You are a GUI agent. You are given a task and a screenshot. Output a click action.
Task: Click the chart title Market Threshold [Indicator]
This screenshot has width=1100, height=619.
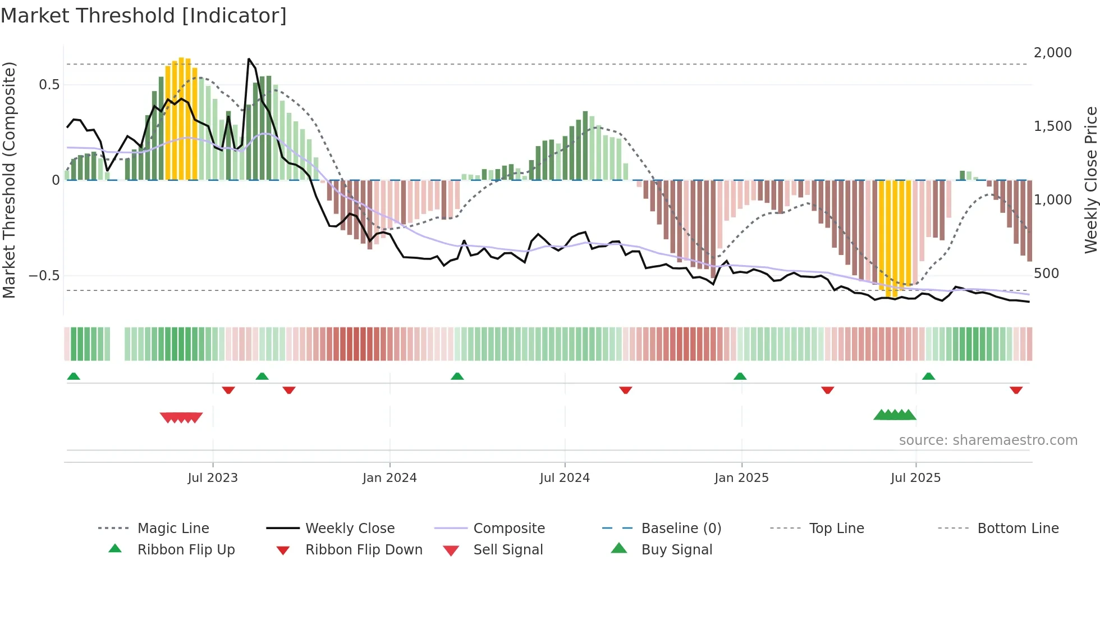[144, 16]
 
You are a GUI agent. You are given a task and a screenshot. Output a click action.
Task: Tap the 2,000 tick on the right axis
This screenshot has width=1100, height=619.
[1052, 53]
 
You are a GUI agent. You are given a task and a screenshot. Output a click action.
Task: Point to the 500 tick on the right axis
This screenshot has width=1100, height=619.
[1046, 274]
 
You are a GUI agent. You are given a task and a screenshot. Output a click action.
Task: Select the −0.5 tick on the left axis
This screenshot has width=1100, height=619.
[44, 276]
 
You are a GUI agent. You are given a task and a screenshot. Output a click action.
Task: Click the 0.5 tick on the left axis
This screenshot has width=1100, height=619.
[49, 85]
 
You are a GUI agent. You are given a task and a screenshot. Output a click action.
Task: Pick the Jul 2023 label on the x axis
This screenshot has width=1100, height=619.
[213, 478]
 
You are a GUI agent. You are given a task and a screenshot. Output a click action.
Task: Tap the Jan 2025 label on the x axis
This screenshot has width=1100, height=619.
[741, 478]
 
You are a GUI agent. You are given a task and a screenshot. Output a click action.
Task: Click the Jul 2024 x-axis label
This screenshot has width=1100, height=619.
[565, 478]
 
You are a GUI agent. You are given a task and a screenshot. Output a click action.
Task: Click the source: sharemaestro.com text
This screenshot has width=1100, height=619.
[988, 440]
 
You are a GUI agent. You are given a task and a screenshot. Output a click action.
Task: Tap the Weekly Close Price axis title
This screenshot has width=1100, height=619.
[1090, 180]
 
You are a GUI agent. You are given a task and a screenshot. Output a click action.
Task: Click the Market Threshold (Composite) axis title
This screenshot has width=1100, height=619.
[9, 180]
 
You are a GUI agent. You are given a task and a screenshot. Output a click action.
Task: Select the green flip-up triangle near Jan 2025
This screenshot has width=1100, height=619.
[740, 376]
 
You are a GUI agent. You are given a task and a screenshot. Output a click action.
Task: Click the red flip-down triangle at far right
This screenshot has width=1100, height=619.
[1016, 390]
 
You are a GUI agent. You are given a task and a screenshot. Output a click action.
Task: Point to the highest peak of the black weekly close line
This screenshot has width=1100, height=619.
[249, 59]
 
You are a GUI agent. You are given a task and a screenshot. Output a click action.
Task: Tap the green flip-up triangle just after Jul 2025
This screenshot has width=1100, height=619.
[928, 376]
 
